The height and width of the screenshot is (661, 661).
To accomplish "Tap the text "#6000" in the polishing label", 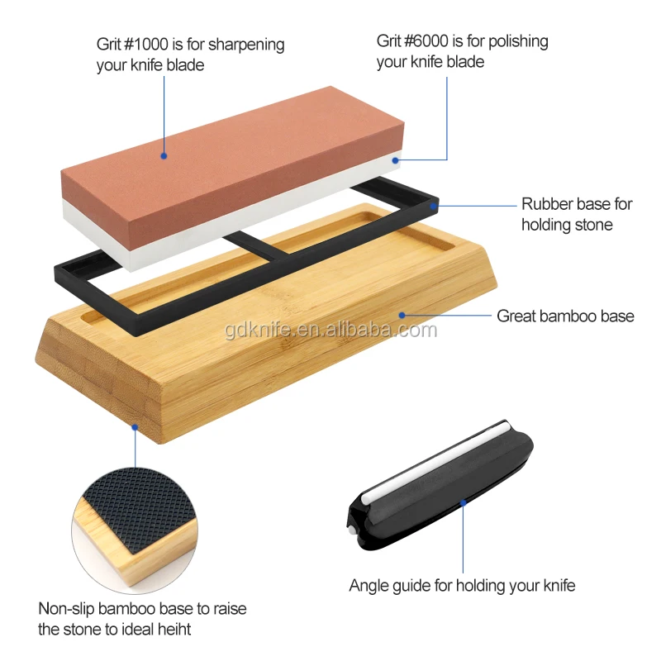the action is [431, 41].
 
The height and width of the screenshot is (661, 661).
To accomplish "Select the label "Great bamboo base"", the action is [565, 316].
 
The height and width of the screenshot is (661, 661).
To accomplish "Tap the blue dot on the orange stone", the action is [164, 155].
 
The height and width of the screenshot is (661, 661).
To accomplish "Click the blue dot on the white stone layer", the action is [398, 160].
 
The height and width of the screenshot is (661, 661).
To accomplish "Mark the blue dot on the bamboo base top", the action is [402, 314].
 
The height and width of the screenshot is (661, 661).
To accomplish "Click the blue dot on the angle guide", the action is [463, 502].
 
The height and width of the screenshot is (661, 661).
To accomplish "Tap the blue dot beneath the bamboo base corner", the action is [135, 427].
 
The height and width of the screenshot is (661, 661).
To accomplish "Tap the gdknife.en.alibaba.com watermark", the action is [330, 330].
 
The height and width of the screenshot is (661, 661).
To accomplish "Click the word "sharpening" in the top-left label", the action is [245, 45].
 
